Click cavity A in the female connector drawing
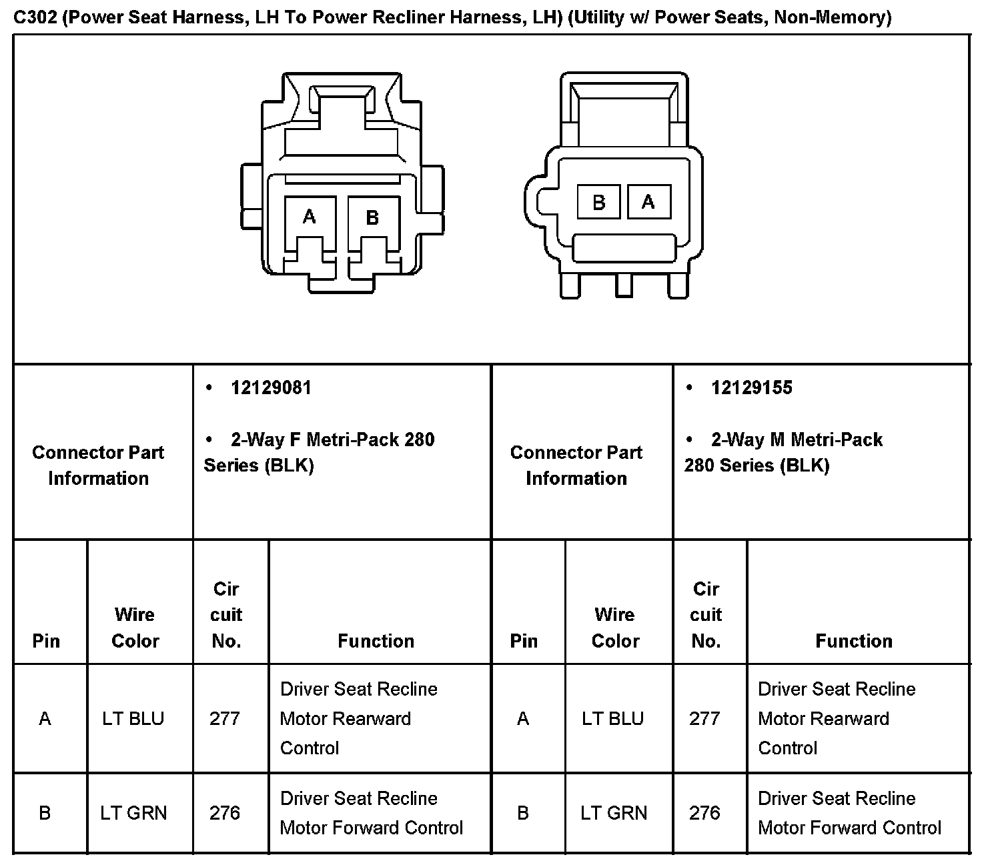pos(309,217)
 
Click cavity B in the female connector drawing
pos(372,217)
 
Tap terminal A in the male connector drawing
pos(648,202)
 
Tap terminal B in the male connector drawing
pos(598,202)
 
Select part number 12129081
pos(271,388)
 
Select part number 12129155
pos(751,388)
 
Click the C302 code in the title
pos(35,17)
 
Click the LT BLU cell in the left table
pos(133,718)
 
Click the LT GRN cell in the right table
pos(614,813)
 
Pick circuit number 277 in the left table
pos(225,718)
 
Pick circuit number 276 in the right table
pos(705,813)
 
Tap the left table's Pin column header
pos(46,641)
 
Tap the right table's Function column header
pos(854,641)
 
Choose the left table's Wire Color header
pos(135,628)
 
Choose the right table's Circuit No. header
pos(706,615)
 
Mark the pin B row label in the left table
pos(45,813)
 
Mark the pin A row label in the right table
pos(523,718)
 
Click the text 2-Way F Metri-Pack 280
pos(332,440)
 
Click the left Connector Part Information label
pos(98,466)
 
